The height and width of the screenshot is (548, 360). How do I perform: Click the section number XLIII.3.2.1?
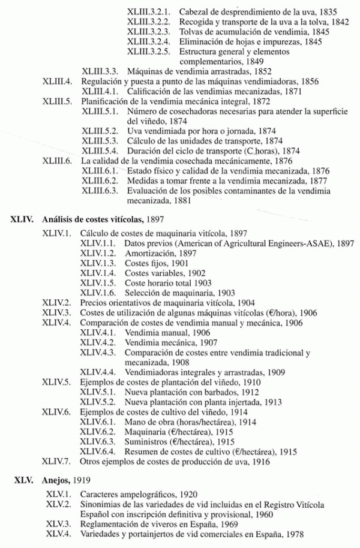(x=149, y=11)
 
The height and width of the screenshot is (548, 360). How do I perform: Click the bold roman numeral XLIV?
(x=23, y=220)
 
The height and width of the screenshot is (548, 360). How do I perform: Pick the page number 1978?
(x=292, y=534)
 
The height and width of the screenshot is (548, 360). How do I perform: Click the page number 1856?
(x=307, y=81)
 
